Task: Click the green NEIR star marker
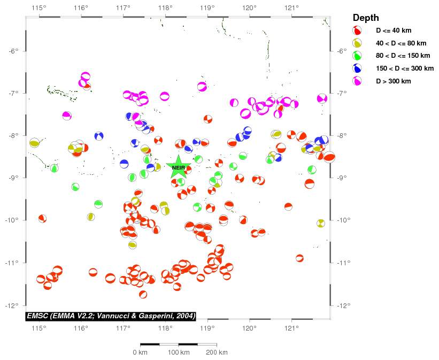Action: click(178, 167)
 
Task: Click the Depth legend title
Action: click(366, 18)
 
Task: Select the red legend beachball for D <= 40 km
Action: click(357, 30)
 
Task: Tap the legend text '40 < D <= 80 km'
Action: click(401, 43)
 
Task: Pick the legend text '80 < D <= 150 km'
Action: click(403, 56)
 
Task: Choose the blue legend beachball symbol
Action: click(357, 68)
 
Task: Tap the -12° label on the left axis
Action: click(14, 305)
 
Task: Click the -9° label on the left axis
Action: click(14, 178)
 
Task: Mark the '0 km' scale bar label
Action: click(140, 353)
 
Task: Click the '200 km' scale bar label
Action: click(217, 353)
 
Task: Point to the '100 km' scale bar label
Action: click(179, 353)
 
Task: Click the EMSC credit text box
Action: click(111, 316)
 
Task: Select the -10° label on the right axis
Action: click(343, 220)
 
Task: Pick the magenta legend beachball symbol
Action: click(357, 81)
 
